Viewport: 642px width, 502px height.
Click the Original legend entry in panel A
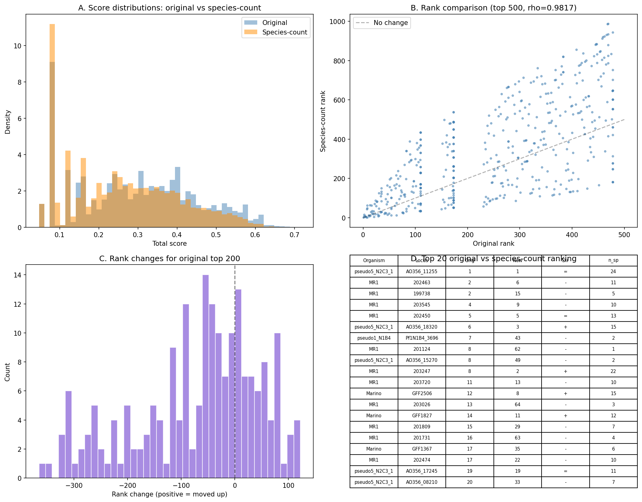[x=274, y=23]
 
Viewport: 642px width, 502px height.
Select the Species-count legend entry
[x=284, y=32]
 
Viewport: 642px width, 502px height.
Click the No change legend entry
[x=390, y=23]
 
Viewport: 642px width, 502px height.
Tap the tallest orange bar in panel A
[x=52, y=123]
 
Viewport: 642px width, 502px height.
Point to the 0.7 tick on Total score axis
[x=294, y=235]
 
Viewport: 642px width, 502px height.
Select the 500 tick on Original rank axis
[x=624, y=235]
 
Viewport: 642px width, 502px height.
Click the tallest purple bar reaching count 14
[x=205, y=376]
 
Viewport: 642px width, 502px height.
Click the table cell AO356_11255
[x=421, y=272]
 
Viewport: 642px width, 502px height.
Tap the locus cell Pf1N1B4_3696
[x=421, y=338]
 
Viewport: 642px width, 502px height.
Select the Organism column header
[x=374, y=261]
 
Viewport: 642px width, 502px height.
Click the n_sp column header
[x=613, y=261]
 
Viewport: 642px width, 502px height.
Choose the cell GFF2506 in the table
[x=421, y=394]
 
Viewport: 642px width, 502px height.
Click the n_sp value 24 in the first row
[x=613, y=272]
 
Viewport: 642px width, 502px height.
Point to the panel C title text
[x=169, y=259]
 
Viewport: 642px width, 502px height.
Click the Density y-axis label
[x=8, y=122]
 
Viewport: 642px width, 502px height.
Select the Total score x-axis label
[x=169, y=244]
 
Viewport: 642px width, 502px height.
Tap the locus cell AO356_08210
[x=421, y=482]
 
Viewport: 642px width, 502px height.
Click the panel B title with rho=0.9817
[x=493, y=8]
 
